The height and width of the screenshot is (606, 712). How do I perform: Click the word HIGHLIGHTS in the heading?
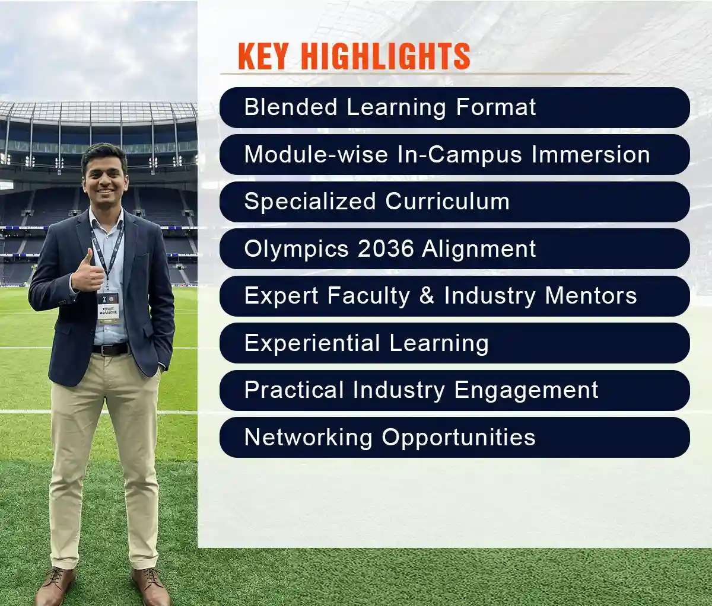pos(385,57)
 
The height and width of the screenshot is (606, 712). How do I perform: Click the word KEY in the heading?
pos(263,57)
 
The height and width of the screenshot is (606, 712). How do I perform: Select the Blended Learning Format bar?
pos(454,107)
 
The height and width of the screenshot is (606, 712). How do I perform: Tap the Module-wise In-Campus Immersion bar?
pos(454,155)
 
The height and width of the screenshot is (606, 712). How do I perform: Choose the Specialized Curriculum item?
pos(454,202)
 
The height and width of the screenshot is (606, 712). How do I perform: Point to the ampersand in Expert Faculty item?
pos(427,296)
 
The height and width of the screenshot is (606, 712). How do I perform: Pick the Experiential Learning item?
pos(454,343)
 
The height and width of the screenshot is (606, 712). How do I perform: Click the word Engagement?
pos(526,390)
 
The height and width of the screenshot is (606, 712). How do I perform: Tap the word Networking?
pos(308,438)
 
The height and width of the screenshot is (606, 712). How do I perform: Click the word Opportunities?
pos(458,438)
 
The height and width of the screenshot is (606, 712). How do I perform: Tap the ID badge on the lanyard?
pos(108,306)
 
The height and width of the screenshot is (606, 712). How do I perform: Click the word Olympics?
pos(296,249)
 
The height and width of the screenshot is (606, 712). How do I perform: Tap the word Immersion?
pos(590,155)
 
